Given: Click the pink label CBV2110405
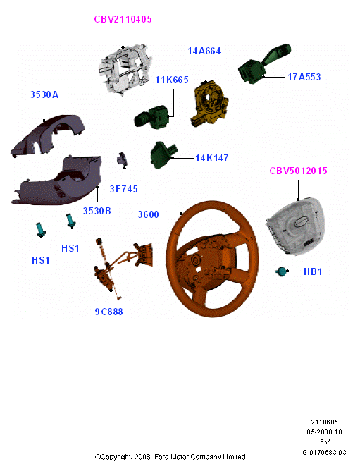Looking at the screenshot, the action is coord(123,19).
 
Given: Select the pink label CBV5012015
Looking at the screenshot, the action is coord(298,171).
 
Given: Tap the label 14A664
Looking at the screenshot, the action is coord(204,51).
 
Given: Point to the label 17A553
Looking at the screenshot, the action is coord(304,77).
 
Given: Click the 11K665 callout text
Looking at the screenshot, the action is coord(172,80).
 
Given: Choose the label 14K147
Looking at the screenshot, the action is coord(212,158).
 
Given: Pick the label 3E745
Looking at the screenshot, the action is coord(124,189).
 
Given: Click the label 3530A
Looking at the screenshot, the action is coord(44,94).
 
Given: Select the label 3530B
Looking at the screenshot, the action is coord(97,211).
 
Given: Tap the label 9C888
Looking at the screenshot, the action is coord(109,312).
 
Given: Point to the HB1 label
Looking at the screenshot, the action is coord(313,271).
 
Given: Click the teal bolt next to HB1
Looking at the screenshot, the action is coord(282,271).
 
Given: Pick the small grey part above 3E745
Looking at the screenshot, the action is coord(122,159).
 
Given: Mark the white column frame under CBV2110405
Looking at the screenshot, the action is coord(124,70).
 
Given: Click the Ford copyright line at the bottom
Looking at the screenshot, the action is coord(170,457).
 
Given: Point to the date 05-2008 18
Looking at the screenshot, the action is coord(324,432).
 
